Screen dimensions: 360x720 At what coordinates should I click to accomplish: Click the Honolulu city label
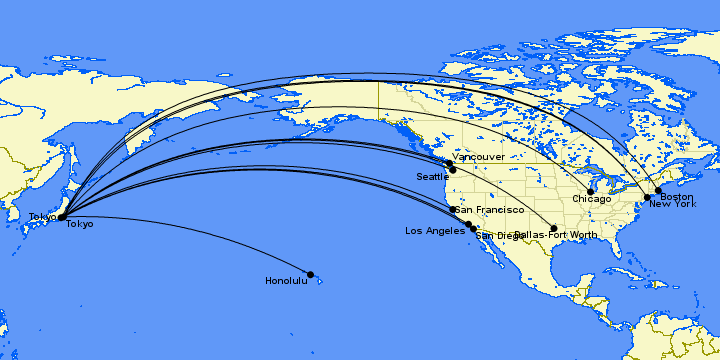pyautogui.click(x=286, y=281)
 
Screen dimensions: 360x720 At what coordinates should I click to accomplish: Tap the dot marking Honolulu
pyautogui.click(x=310, y=274)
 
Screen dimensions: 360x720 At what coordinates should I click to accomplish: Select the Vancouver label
pyautogui.click(x=478, y=157)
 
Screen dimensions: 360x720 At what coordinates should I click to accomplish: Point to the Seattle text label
pyautogui.click(x=433, y=177)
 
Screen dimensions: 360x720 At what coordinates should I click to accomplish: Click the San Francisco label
pyautogui.click(x=490, y=210)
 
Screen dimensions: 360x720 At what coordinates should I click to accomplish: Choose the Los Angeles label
pyautogui.click(x=434, y=230)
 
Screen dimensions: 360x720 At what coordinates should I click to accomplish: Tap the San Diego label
pyautogui.click(x=496, y=236)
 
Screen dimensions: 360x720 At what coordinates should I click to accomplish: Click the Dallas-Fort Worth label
pyautogui.click(x=558, y=236)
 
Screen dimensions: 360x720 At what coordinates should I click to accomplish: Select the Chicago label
pyautogui.click(x=592, y=200)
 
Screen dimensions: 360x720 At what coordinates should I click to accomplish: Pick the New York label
pyautogui.click(x=672, y=205)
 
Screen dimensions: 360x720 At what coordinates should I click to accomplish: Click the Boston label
pyautogui.click(x=677, y=197)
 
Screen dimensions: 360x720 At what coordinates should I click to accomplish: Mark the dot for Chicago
pyautogui.click(x=591, y=191)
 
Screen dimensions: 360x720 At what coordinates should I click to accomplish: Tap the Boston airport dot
pyautogui.click(x=658, y=190)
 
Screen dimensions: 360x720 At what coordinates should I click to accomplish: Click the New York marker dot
pyautogui.click(x=648, y=197)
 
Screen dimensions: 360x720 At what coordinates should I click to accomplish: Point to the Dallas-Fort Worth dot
pyautogui.click(x=554, y=228)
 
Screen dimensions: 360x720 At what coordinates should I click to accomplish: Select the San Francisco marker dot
pyautogui.click(x=453, y=210)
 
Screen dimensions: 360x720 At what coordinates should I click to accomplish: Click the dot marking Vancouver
pyautogui.click(x=449, y=164)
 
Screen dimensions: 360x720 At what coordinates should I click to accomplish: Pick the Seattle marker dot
pyautogui.click(x=453, y=170)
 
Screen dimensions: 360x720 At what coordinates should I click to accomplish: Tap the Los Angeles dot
pyautogui.click(x=468, y=224)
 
